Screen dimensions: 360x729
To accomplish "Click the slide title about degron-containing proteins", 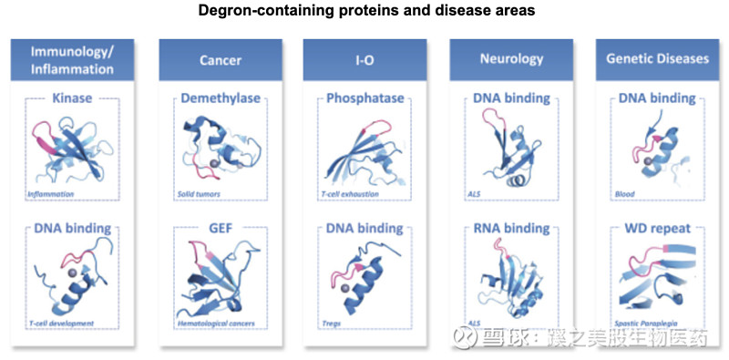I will tap(364, 11).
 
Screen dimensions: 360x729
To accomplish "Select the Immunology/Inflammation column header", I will tap(72, 59).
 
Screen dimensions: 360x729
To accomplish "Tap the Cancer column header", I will tap(221, 59).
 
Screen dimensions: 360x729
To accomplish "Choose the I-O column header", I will tap(365, 59).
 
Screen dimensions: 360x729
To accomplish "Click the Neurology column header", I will tap(511, 59).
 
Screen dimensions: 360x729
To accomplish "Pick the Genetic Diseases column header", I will tap(657, 59).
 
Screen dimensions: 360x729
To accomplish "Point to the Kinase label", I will tap(72, 98).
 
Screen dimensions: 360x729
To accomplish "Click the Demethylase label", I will tap(221, 98).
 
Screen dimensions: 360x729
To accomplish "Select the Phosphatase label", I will tap(365, 98).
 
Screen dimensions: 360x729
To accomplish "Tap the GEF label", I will tap(221, 228).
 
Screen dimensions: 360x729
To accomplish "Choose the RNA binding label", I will tap(510, 228).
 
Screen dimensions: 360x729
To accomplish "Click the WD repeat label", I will tap(657, 228).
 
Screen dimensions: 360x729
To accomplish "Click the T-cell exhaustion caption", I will tap(352, 194).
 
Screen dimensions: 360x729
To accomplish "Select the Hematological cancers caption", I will tap(215, 324).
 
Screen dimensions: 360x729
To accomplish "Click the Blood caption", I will tap(624, 194).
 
